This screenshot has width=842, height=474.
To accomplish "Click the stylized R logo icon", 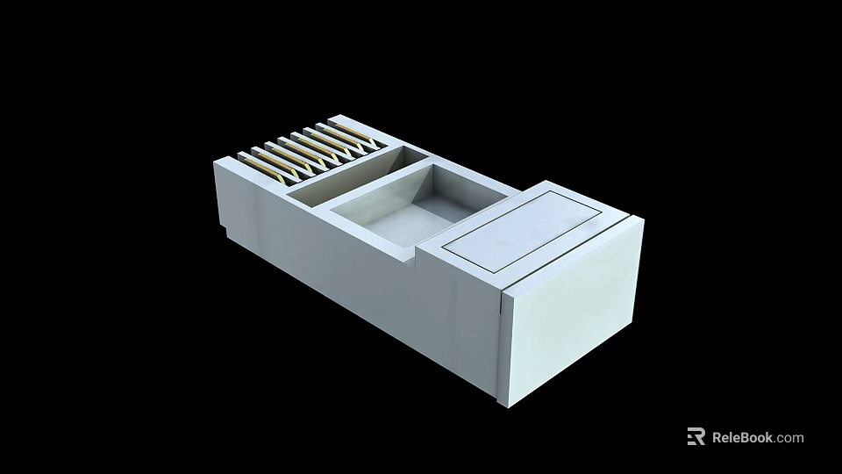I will point(696,437).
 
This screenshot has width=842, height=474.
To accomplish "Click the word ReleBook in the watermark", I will point(742,437).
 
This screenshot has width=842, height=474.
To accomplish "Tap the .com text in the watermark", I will point(788,437).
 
